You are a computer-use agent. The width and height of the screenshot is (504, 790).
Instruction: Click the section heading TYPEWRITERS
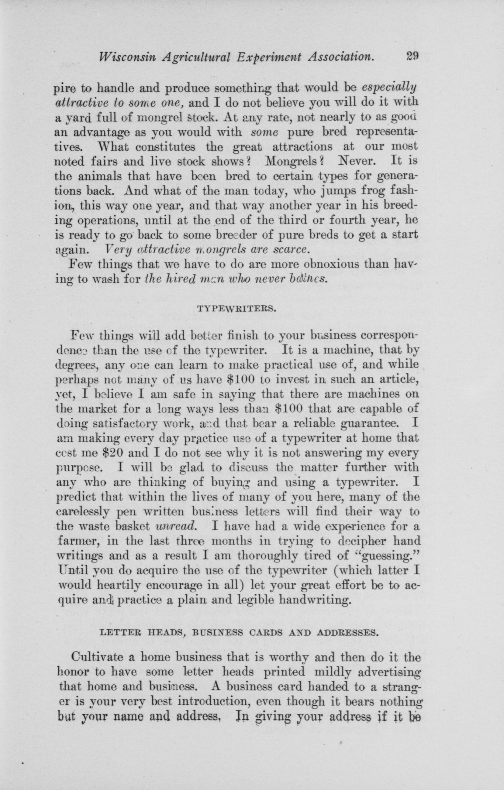(235, 309)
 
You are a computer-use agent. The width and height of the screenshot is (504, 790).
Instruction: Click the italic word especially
(389, 87)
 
